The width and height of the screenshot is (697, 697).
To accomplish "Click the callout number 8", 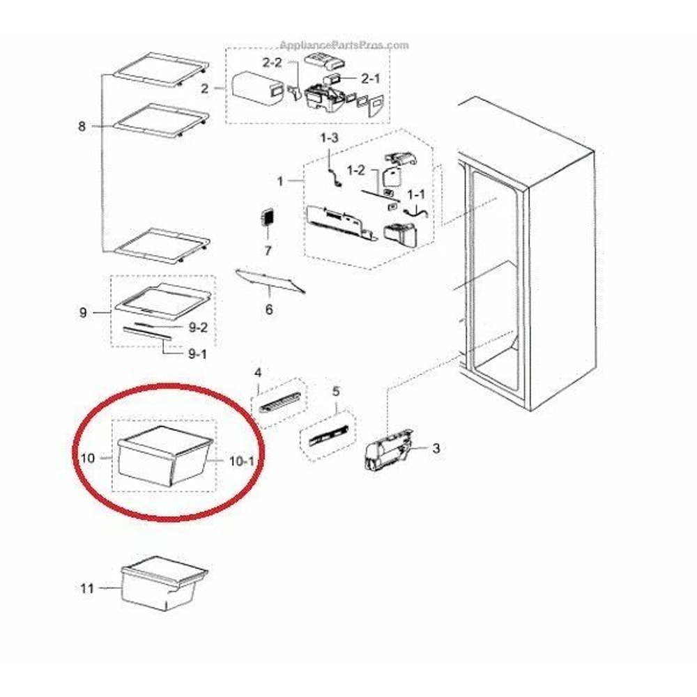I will click(x=82, y=126).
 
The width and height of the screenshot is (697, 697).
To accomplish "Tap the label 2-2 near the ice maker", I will click(x=272, y=63).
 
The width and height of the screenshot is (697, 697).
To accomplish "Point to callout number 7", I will click(x=267, y=250).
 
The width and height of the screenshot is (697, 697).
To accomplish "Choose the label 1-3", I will click(x=329, y=139).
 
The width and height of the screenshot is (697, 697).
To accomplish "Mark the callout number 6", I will click(x=269, y=309).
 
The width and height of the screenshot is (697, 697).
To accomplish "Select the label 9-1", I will click(x=198, y=354).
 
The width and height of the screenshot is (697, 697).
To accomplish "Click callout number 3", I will click(x=436, y=448).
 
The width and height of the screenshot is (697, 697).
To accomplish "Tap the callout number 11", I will click(x=86, y=589).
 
